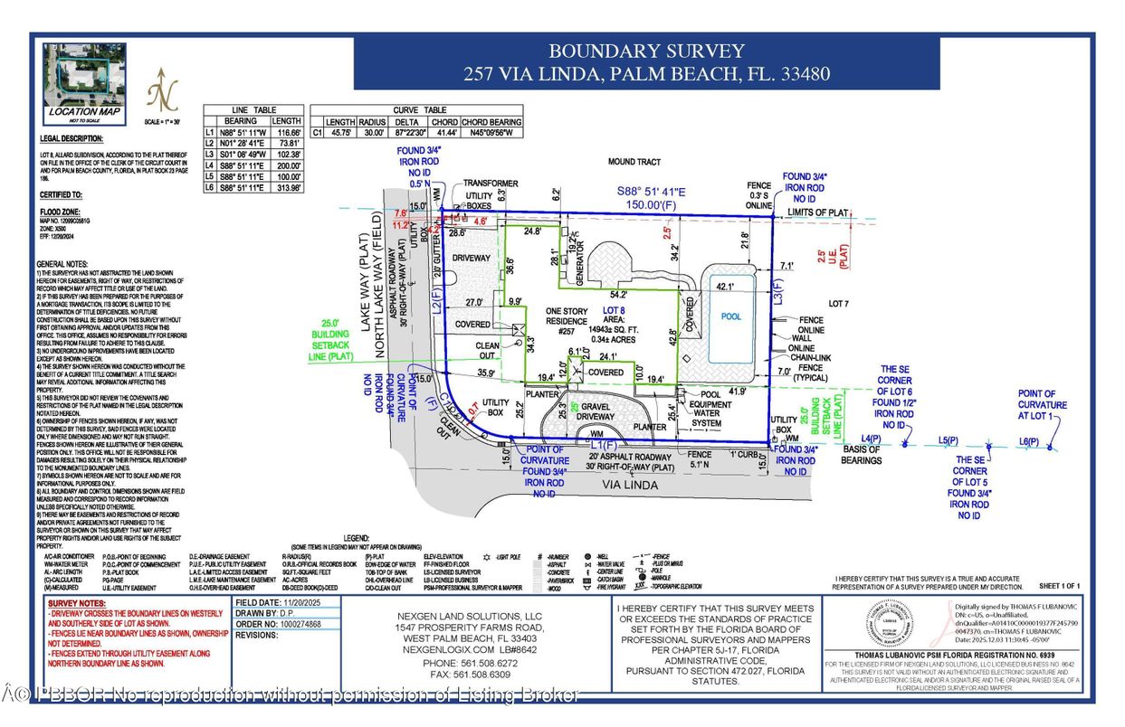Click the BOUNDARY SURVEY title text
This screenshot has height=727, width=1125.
(646, 52)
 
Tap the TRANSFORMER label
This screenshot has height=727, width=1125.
(490, 183)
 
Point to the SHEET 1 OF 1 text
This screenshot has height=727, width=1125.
(1064, 587)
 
